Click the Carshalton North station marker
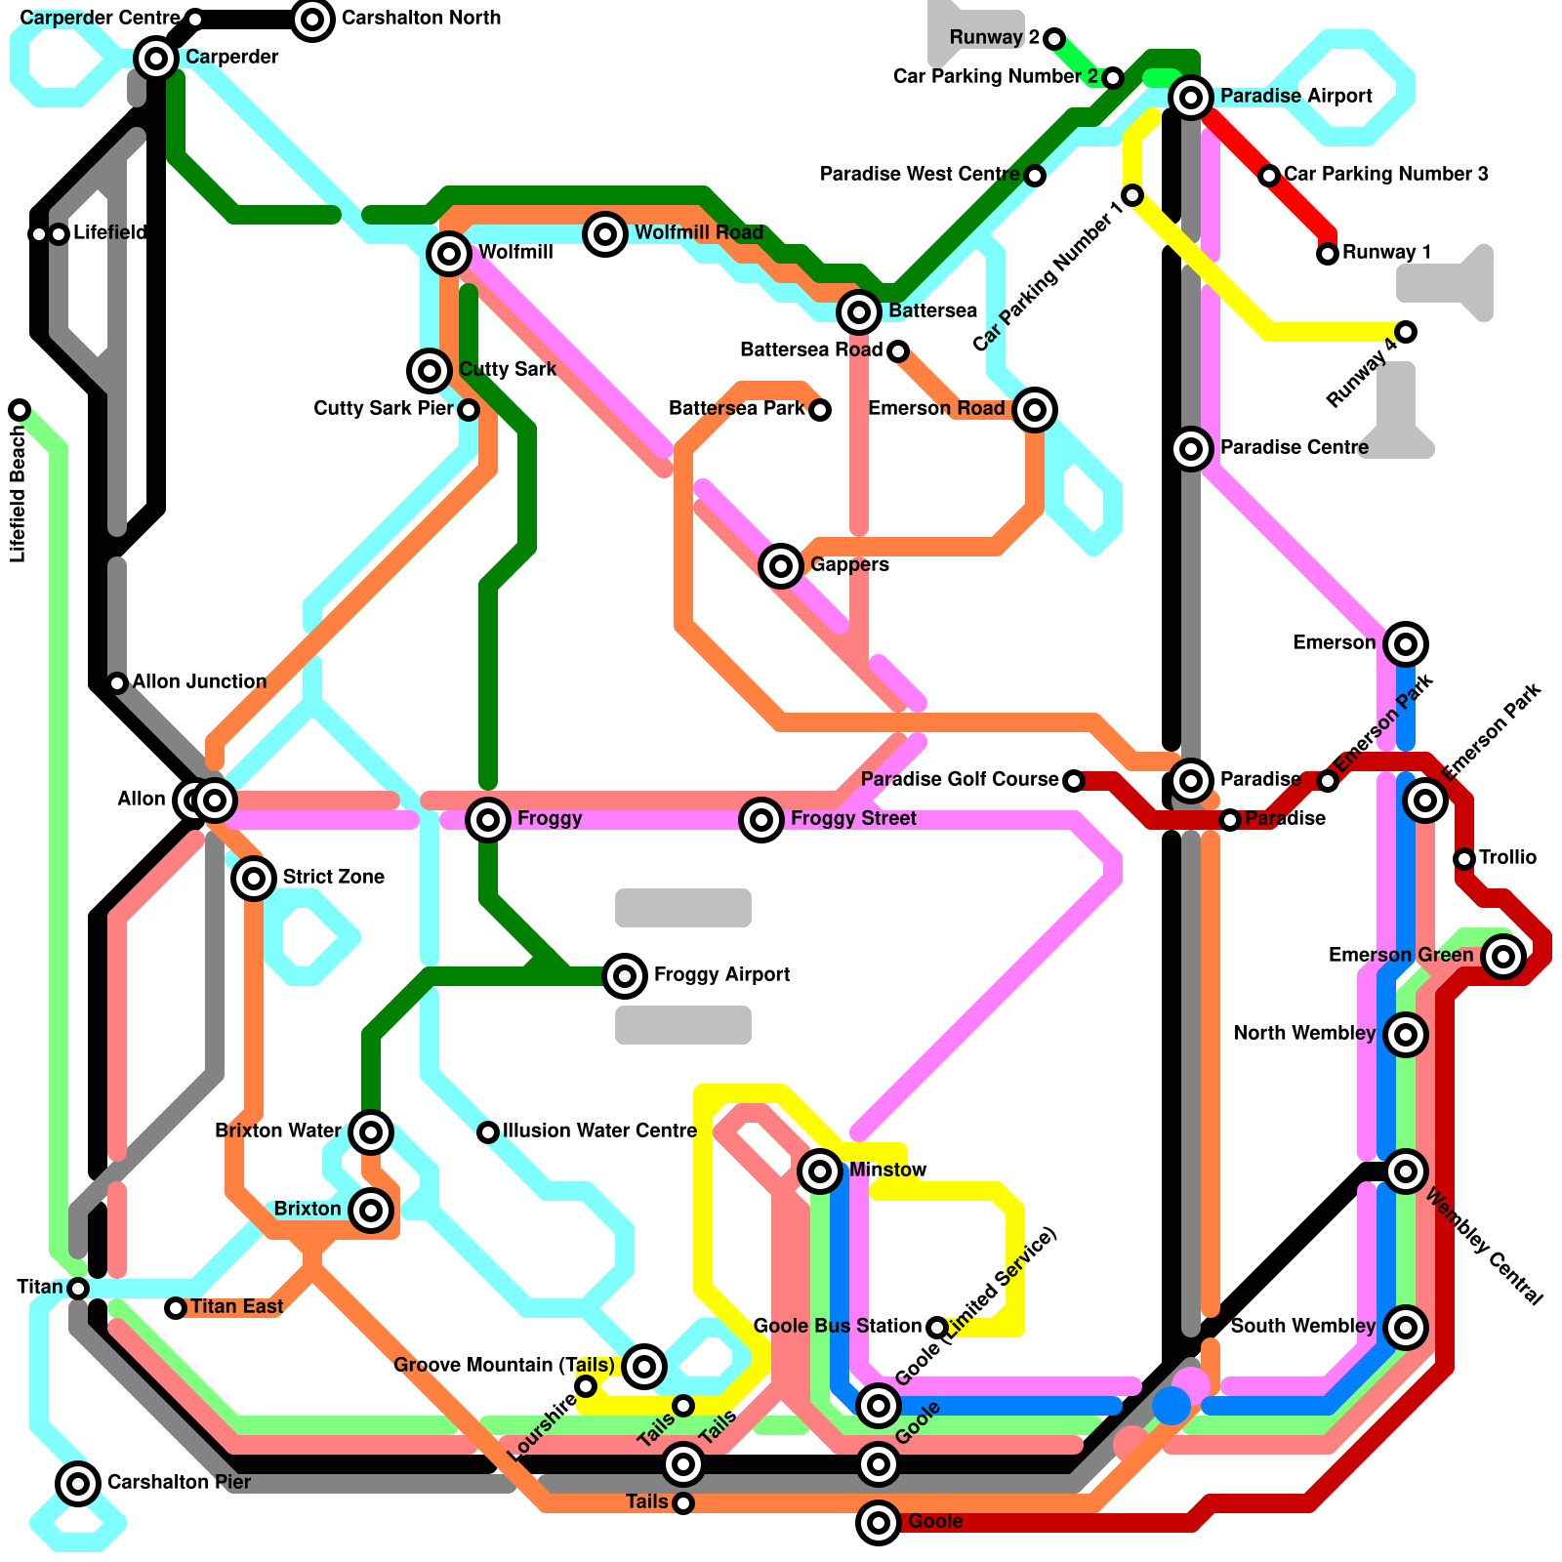tap(312, 19)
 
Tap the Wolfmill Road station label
tap(699, 233)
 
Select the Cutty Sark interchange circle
tap(430, 370)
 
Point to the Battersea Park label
tap(736, 409)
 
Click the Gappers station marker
tap(781, 565)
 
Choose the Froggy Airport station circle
tap(625, 975)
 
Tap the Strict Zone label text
tap(333, 878)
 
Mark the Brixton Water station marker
tap(371, 1132)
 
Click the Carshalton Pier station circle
tap(78, 1483)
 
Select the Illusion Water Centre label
tap(599, 1131)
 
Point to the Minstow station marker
tap(820, 1171)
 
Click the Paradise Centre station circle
tap(1191, 449)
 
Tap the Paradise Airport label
tap(1295, 97)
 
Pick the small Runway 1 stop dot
tap(1328, 254)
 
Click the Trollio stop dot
tap(1464, 859)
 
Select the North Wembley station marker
tap(1406, 1034)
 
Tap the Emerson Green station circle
tap(1503, 956)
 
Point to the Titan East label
tap(236, 1307)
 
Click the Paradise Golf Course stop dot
tap(1074, 781)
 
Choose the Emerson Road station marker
tap(1035, 409)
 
